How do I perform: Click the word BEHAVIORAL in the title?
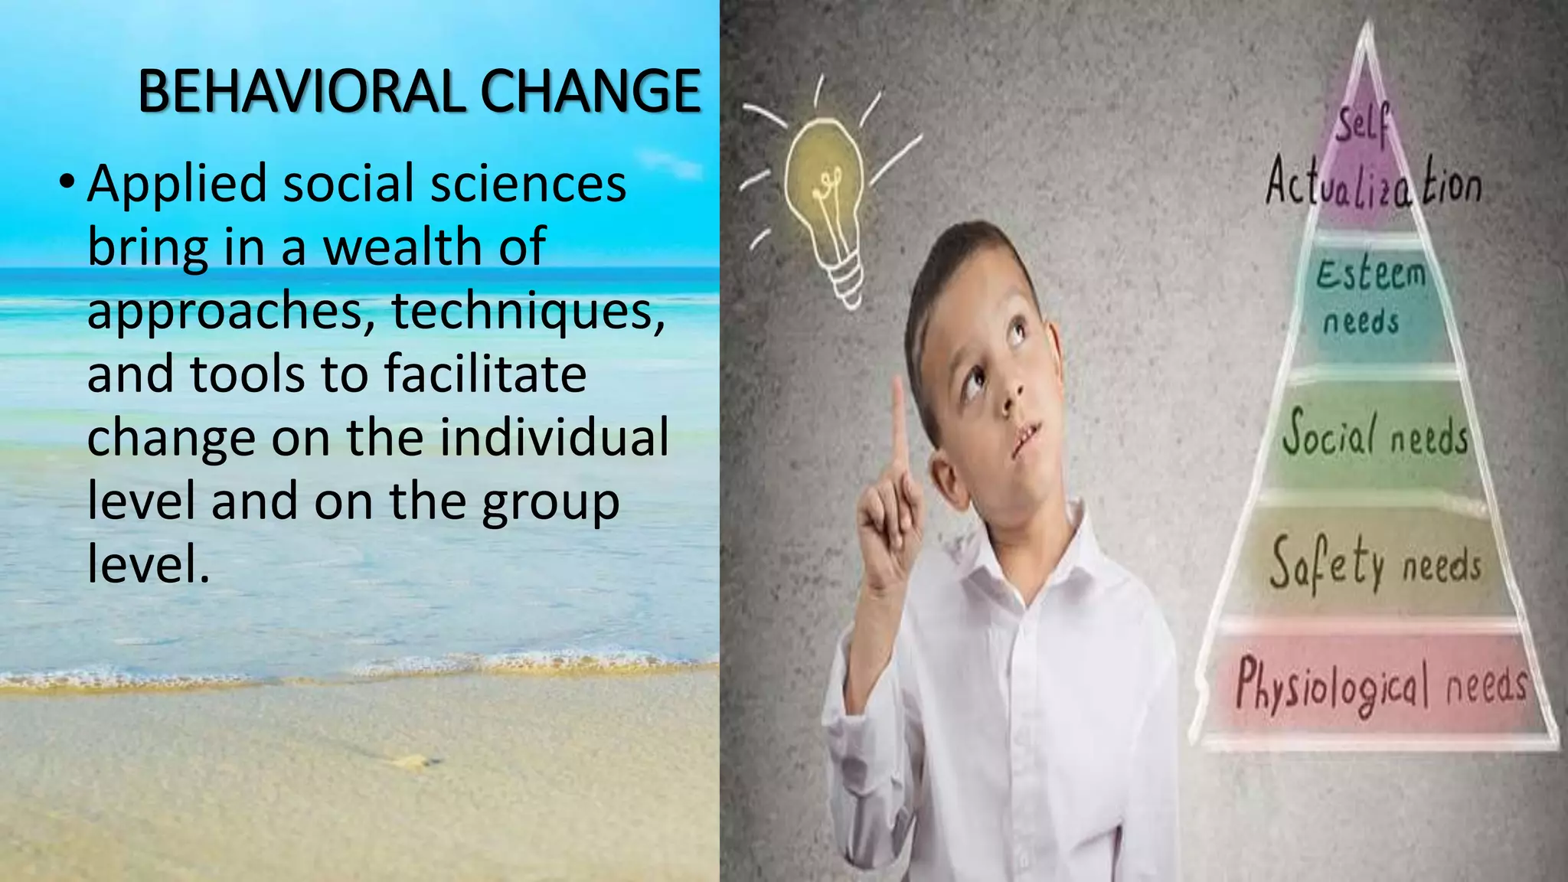[302, 91]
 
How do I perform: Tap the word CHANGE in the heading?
[590, 91]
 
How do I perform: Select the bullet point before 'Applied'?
[67, 183]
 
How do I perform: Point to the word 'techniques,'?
[528, 311]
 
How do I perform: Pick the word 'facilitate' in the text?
[485, 374]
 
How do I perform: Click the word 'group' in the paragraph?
[550, 501]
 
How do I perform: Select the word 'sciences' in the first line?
[528, 184]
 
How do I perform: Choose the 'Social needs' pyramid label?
[1375, 435]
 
